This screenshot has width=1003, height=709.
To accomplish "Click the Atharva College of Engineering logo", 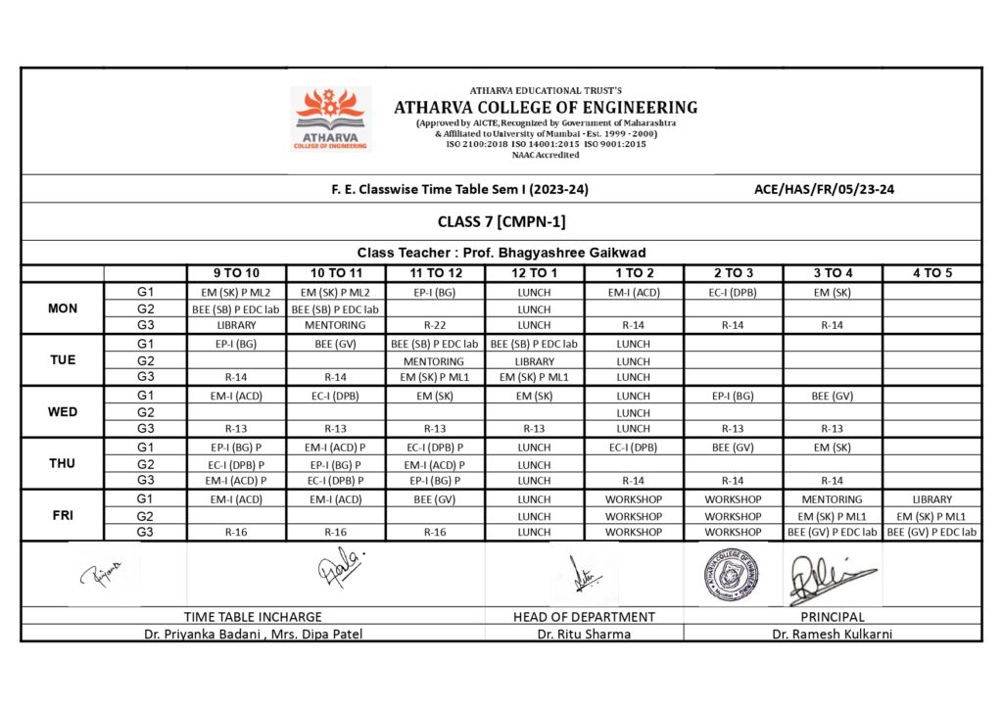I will click(x=331, y=118).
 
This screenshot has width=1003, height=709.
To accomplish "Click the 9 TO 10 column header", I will click(x=236, y=273).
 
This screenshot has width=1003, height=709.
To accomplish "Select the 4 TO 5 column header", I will click(x=931, y=273).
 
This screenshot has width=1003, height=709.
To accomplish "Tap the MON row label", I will click(x=62, y=308).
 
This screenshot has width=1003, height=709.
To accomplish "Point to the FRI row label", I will click(x=62, y=515).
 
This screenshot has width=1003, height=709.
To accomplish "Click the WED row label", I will click(x=62, y=412).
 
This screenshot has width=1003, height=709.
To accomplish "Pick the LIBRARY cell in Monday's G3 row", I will click(x=236, y=325).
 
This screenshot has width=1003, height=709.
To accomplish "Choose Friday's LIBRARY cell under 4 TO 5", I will click(x=931, y=499).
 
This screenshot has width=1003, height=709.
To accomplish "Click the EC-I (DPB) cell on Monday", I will click(x=733, y=292).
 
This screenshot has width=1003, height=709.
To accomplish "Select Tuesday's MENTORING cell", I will click(x=434, y=361).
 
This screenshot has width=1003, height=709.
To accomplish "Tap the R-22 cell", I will click(x=434, y=325).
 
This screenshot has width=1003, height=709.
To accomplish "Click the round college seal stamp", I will click(x=731, y=574).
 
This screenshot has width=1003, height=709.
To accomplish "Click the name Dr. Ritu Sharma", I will click(x=584, y=634).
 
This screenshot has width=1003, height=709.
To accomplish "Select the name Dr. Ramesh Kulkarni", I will click(x=832, y=634).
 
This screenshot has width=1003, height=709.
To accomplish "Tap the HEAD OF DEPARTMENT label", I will click(x=584, y=617).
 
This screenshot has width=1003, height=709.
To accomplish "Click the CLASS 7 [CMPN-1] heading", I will click(x=501, y=222).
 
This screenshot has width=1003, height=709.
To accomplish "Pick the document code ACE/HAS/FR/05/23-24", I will click(x=824, y=190).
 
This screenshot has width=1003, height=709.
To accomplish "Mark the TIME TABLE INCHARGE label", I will click(x=253, y=617).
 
